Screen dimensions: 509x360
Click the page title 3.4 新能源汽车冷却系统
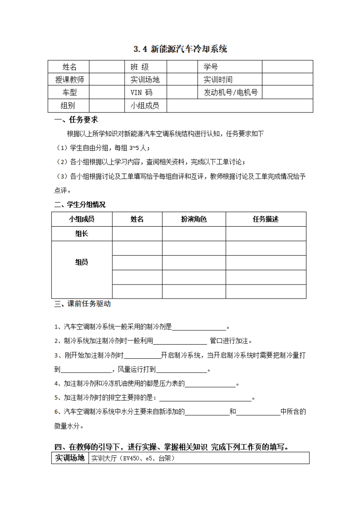pos(180,49)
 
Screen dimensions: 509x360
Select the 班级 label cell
pos(140,67)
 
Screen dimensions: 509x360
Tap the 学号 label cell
pos(211,67)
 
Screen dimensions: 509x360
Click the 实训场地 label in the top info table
pos(145,80)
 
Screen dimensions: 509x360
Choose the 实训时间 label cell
pos(218,80)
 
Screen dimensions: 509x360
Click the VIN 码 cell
pos(142,92)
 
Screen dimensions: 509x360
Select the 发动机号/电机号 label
pos(231,92)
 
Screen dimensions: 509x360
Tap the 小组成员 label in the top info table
pos(145,105)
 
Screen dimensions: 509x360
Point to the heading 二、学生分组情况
pos(80,204)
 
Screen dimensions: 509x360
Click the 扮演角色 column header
pos(194,219)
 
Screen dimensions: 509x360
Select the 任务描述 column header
pos(265,219)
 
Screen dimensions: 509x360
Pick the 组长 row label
pos(82,234)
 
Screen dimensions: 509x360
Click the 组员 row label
pos(82,262)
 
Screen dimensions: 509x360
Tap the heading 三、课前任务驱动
pos(83,304)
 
